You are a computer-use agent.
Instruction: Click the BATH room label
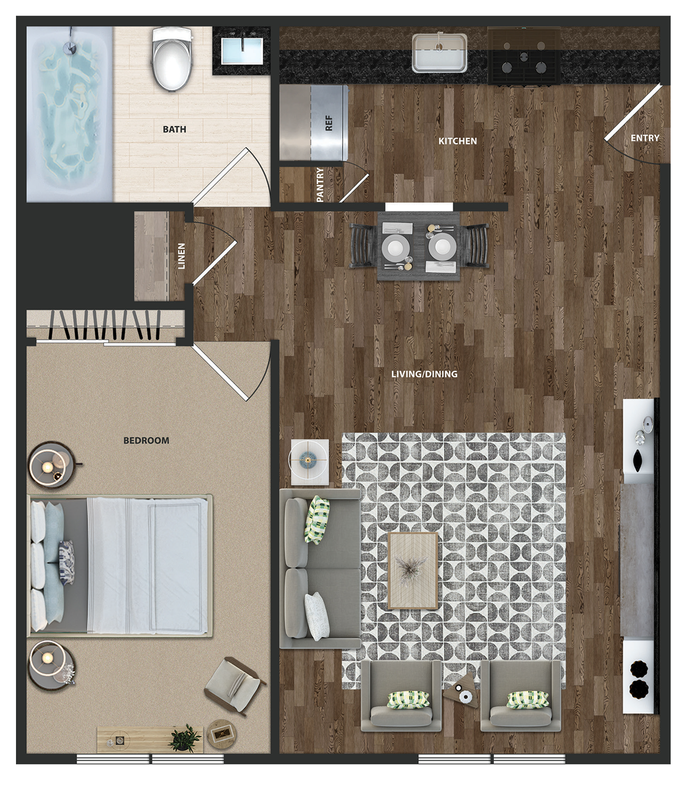[174, 129]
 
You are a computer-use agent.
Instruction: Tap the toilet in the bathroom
[172, 58]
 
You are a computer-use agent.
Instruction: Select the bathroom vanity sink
[241, 51]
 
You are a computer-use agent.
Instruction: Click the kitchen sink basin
[439, 53]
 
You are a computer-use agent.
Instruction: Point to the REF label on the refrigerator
[329, 123]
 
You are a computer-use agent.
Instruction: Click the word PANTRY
[320, 185]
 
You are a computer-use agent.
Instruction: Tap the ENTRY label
[645, 138]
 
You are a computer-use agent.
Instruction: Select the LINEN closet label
[181, 256]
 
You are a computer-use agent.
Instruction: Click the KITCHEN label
[458, 141]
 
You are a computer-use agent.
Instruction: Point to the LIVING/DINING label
[424, 374]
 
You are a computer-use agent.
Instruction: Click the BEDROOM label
[146, 440]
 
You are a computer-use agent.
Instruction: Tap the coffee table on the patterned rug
[413, 571]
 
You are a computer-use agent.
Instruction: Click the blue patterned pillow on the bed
[67, 562]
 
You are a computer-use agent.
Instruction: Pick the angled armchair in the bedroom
[235, 686]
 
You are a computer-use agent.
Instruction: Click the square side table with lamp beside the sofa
[310, 462]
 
